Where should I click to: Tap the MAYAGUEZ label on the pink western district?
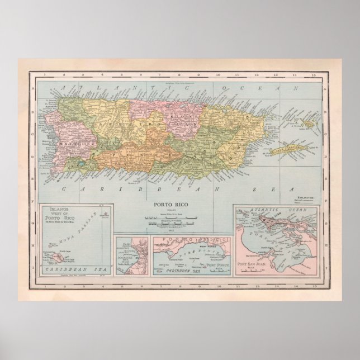click(70, 143)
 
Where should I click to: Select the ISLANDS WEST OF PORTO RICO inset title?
click(62, 214)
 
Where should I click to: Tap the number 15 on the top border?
click(316, 74)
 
